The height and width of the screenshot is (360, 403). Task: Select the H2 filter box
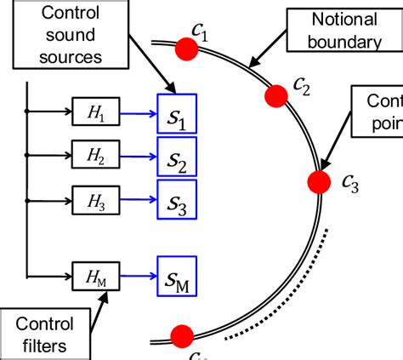93,156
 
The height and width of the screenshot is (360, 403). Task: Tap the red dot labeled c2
275,97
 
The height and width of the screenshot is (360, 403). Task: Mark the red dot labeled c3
319,181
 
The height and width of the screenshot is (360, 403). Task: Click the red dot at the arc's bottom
180,335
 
